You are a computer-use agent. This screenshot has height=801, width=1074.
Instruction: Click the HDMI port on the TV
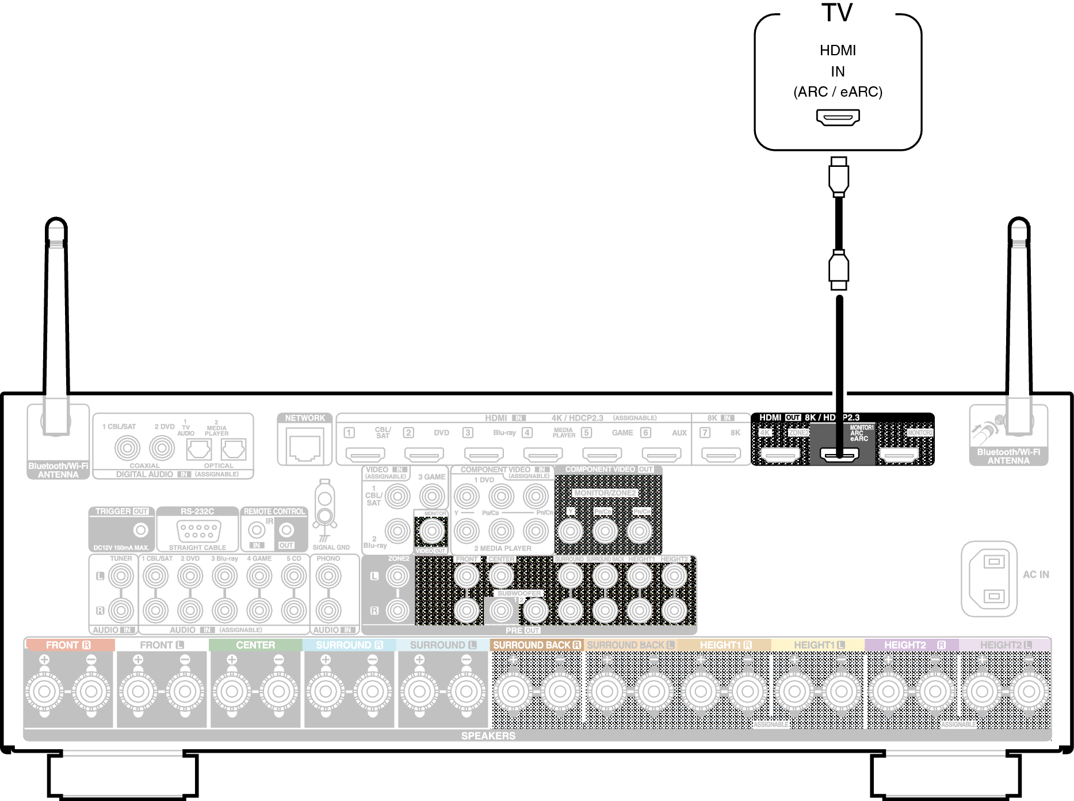(838, 117)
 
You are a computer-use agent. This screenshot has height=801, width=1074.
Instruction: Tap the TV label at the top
(837, 13)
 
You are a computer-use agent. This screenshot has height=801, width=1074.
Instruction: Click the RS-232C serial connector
(198, 529)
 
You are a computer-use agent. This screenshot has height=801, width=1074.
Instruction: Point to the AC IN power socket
(989, 578)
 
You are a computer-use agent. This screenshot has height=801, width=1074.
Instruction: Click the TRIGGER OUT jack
(140, 529)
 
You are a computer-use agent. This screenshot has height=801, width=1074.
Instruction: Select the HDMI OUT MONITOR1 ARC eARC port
(839, 455)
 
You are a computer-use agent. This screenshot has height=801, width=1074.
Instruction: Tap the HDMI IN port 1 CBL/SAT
(365, 455)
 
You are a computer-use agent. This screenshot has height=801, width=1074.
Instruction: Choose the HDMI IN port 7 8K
(720, 455)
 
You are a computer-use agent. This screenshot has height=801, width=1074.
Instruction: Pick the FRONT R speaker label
(68, 645)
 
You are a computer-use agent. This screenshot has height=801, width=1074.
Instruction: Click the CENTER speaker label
(255, 645)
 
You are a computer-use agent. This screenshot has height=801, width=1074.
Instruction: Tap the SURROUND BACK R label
(537, 645)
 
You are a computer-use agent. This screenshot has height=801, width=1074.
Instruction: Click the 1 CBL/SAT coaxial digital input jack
(127, 448)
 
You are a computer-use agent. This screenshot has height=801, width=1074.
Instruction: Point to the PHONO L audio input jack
(328, 575)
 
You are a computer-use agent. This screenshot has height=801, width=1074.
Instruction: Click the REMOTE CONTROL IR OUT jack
(286, 529)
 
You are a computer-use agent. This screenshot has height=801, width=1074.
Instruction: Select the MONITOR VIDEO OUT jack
(432, 531)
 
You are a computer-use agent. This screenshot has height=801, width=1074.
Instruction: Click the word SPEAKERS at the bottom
(488, 736)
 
